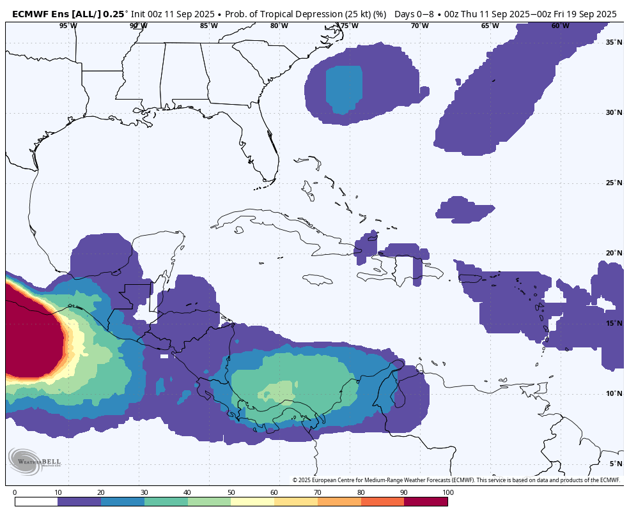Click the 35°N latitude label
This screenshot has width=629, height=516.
(x=614, y=42)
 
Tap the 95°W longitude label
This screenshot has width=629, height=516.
(x=68, y=26)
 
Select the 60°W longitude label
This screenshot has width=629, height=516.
(x=561, y=26)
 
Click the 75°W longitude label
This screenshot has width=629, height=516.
(x=349, y=26)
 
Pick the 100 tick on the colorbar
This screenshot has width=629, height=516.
(x=447, y=492)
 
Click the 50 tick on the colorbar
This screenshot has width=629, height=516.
(x=231, y=492)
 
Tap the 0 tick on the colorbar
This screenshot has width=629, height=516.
(x=15, y=492)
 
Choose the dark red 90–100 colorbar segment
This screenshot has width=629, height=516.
(x=426, y=501)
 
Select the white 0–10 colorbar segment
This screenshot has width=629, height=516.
(x=36, y=501)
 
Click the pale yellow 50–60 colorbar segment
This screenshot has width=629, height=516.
(x=252, y=501)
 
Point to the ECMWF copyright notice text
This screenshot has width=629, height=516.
(x=456, y=480)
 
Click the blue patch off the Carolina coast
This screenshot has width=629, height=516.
(x=344, y=89)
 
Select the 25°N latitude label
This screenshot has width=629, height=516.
(x=614, y=183)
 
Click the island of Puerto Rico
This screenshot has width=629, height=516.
(x=469, y=278)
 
